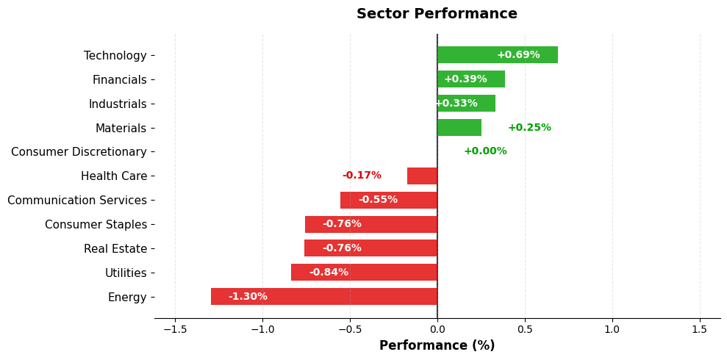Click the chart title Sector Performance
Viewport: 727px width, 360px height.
[x=437, y=14]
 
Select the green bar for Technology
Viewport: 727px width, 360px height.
[x=497, y=55]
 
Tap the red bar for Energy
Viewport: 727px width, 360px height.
[x=323, y=297]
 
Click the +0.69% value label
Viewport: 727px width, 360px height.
[x=518, y=55]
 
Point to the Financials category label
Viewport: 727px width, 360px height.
[x=119, y=79]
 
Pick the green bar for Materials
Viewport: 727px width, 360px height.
[x=459, y=128]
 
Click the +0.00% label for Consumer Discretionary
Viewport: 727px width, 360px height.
[x=485, y=151]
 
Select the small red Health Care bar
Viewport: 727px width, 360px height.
[x=423, y=176]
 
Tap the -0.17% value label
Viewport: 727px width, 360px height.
[x=362, y=176]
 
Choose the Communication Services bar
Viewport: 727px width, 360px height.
[x=389, y=200]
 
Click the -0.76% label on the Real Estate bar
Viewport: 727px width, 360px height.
[x=342, y=248]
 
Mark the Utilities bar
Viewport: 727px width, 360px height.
[x=364, y=273]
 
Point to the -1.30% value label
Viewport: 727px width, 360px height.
[x=248, y=297]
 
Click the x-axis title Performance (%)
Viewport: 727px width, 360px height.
[x=437, y=345]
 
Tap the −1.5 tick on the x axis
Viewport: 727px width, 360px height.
[x=175, y=329]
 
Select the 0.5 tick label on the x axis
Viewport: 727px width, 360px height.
[x=525, y=329]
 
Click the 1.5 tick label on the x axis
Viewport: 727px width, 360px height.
[x=700, y=329]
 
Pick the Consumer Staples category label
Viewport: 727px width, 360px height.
[x=96, y=225]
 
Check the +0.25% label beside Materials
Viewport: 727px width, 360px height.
[x=529, y=128]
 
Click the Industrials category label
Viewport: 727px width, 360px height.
[x=118, y=104]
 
